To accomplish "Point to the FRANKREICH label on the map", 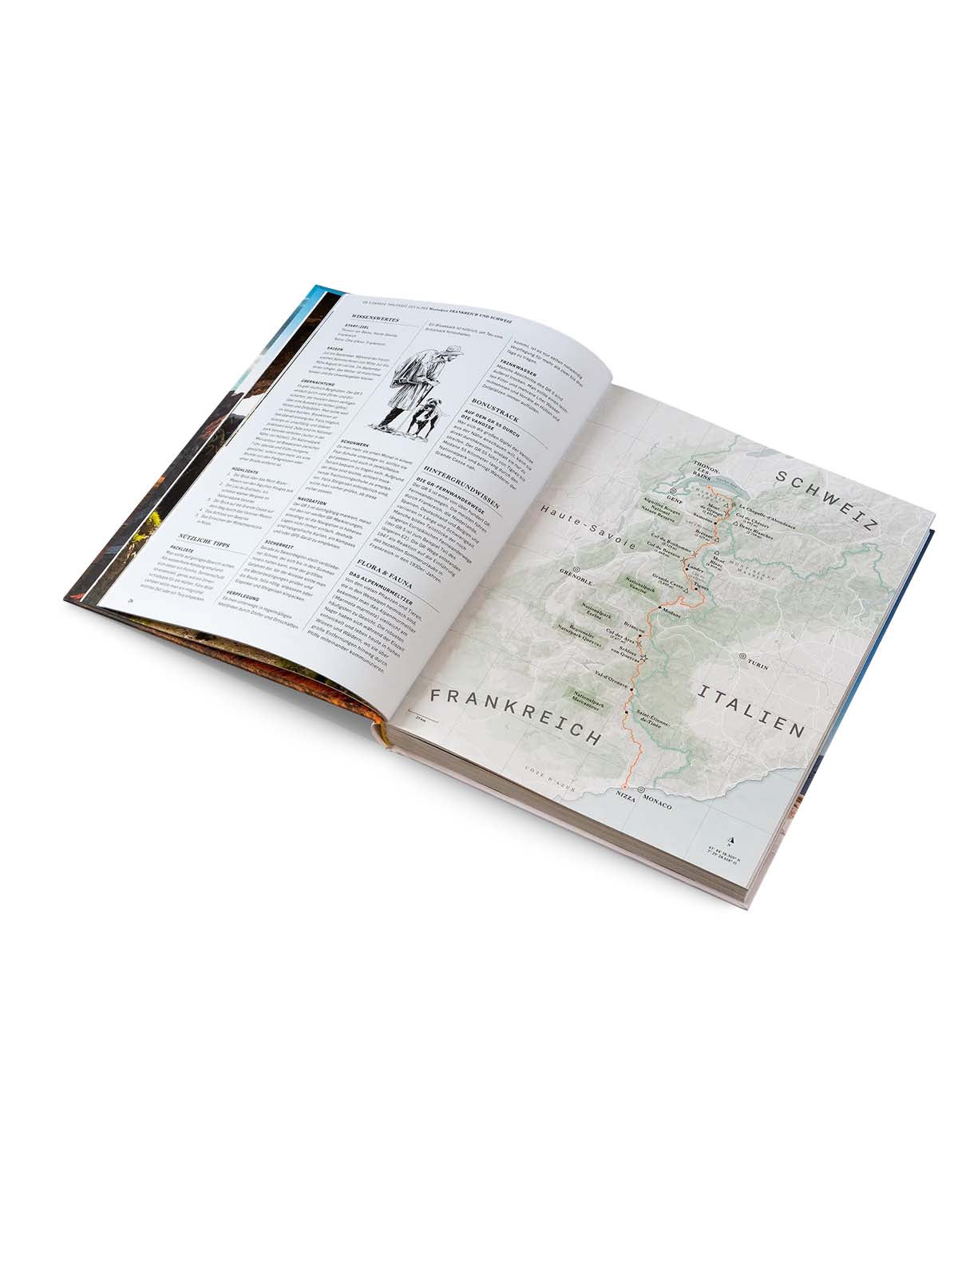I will tap(516, 714).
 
